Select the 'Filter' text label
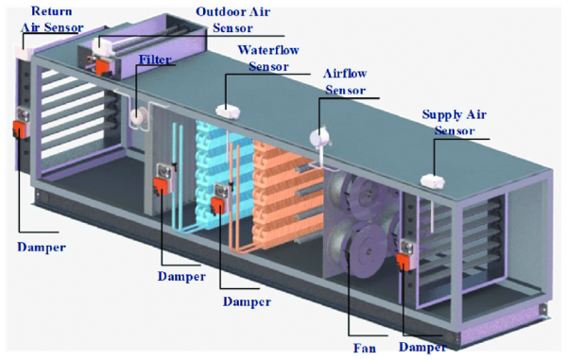point(155,60)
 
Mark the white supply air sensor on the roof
point(434,175)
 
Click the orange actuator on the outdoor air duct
point(102,67)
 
